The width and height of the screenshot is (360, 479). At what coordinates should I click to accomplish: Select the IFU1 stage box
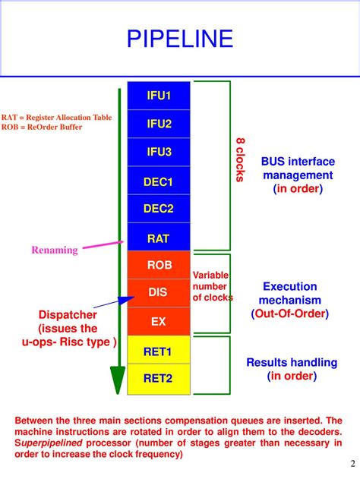pyautogui.click(x=159, y=95)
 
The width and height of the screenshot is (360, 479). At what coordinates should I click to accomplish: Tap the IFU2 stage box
pyautogui.click(x=159, y=123)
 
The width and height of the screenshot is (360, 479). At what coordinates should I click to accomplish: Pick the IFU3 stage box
pyautogui.click(x=159, y=152)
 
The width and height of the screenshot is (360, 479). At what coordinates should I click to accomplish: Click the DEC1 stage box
pyautogui.click(x=159, y=181)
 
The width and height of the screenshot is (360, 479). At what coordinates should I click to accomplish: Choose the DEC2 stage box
pyautogui.click(x=159, y=209)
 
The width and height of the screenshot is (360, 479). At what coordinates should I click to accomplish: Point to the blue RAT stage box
pyautogui.click(x=159, y=238)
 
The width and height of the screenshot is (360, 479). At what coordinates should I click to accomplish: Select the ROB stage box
pyautogui.click(x=159, y=266)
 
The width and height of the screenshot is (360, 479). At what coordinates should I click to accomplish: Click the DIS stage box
pyautogui.click(x=159, y=292)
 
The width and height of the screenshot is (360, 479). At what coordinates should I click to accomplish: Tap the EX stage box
pyautogui.click(x=159, y=321)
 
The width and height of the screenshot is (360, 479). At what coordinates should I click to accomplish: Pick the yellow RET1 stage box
pyautogui.click(x=159, y=351)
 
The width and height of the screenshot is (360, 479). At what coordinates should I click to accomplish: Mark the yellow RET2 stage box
pyautogui.click(x=159, y=377)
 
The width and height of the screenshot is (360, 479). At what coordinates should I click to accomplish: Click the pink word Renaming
pyautogui.click(x=55, y=250)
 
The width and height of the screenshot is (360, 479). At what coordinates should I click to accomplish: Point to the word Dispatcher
pyautogui.click(x=68, y=315)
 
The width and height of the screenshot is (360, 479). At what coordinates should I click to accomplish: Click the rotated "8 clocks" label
pyautogui.click(x=240, y=160)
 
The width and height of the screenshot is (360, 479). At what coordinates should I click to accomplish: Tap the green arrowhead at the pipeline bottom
pyautogui.click(x=117, y=380)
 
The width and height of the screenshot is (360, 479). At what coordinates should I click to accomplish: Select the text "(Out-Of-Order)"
pyautogui.click(x=289, y=314)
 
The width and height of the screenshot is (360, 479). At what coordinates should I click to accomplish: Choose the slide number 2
pyautogui.click(x=352, y=465)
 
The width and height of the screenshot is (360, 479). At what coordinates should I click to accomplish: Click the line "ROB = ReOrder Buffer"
pyautogui.click(x=42, y=127)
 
